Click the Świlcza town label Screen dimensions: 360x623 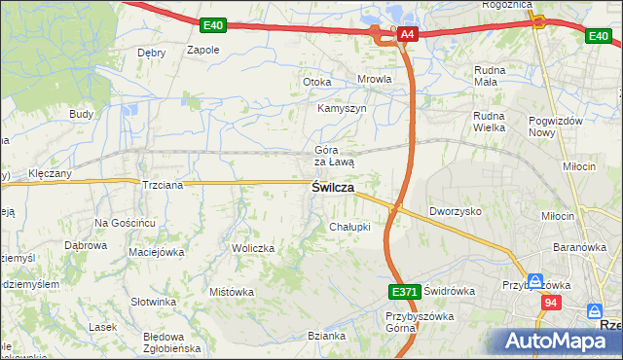coord(333,188)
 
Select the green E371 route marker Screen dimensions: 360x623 coord(403,291)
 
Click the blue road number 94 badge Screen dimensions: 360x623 coord(552,304)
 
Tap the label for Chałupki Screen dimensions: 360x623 coord(349,227)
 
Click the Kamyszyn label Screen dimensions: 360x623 coord(342,108)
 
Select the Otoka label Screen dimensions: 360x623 coord(317,82)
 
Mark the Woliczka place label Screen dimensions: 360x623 coord(253,248)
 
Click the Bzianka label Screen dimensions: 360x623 coord(327,336)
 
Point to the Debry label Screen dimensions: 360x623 coord(151,53)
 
